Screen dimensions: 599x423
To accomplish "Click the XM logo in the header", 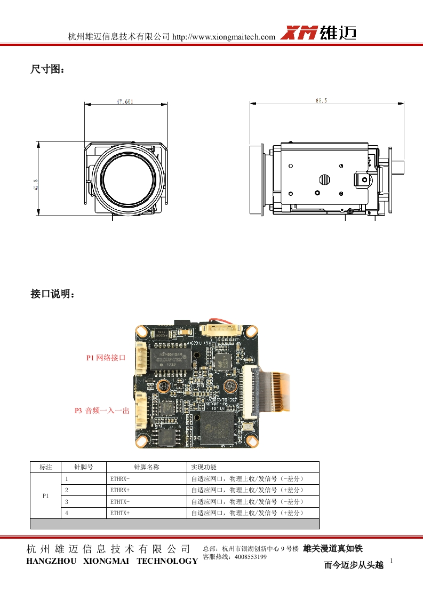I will click(x=300, y=33).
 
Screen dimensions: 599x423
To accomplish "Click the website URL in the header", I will click(x=224, y=37).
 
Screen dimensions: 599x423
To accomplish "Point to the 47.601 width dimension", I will click(x=124, y=101).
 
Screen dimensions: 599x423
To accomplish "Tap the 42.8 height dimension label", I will click(x=37, y=179).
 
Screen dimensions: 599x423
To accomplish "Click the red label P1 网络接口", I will click(x=106, y=358).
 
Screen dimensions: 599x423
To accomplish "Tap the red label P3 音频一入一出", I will click(x=102, y=411).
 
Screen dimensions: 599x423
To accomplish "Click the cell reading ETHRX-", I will click(x=120, y=479).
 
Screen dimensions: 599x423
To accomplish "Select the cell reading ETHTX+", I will click(x=120, y=513).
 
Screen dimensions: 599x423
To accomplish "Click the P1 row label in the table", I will click(x=45, y=495).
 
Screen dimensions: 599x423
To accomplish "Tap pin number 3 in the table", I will click(x=67, y=501).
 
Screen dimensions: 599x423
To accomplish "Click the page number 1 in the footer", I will click(x=392, y=561).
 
